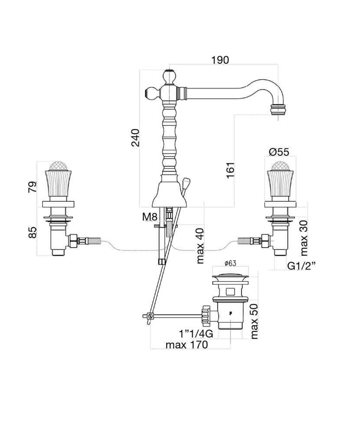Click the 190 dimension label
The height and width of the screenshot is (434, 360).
(x=220, y=60)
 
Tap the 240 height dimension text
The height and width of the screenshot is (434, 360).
(x=135, y=138)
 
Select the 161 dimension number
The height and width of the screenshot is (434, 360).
(x=230, y=170)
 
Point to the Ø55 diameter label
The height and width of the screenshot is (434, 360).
(x=279, y=152)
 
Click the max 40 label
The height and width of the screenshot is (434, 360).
(x=200, y=246)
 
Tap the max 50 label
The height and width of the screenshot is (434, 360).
(x=254, y=321)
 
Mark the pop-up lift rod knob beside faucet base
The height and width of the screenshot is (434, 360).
(x=187, y=179)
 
